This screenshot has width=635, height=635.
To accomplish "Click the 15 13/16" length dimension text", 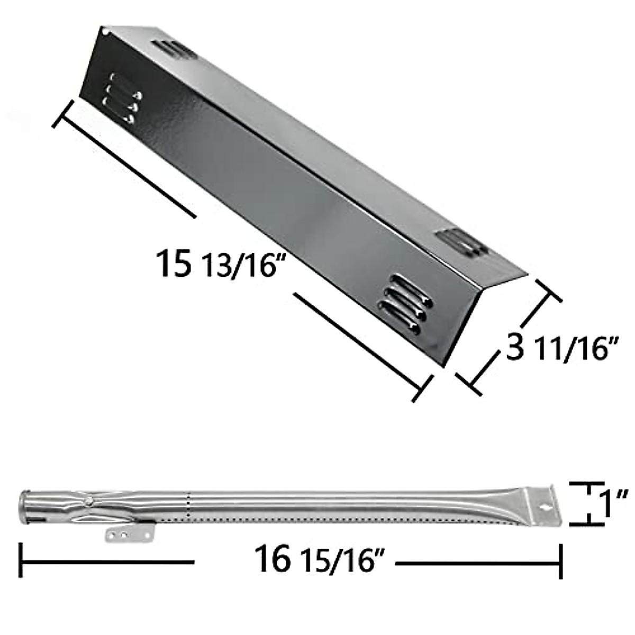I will tap(217, 263).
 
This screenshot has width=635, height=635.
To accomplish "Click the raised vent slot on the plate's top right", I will tap(459, 243).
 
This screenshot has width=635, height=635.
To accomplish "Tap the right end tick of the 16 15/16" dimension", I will tap(560, 562).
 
